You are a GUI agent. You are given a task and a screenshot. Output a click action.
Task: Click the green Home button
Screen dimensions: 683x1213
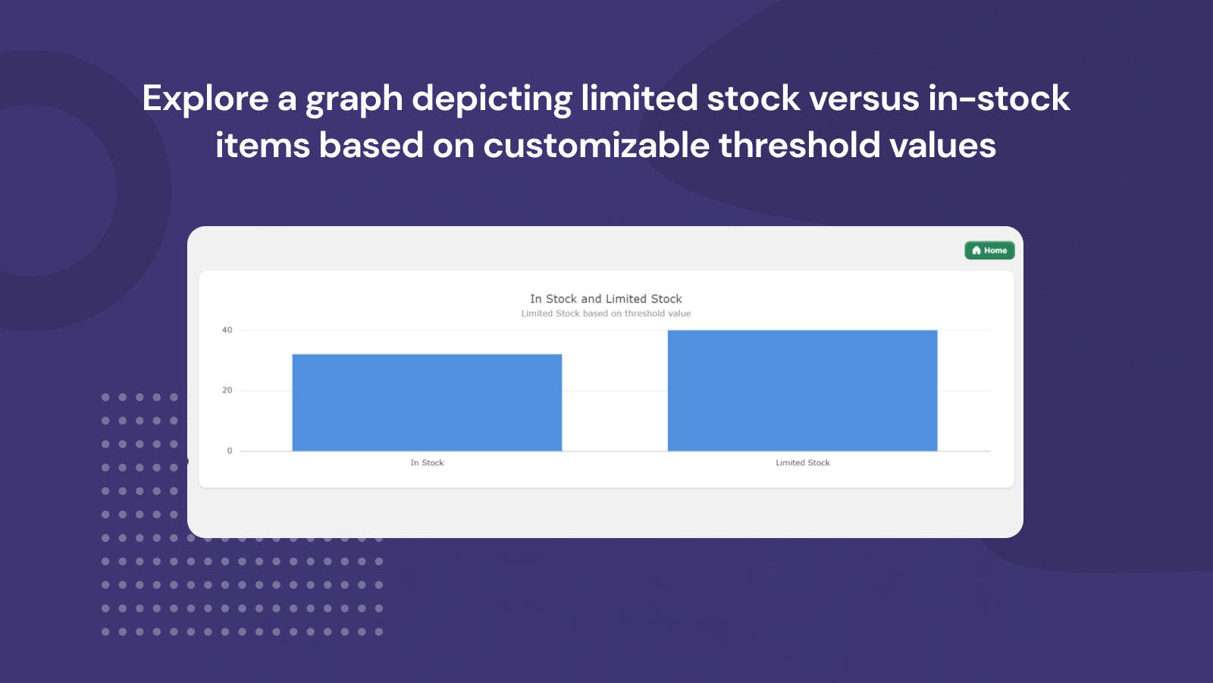click(989, 250)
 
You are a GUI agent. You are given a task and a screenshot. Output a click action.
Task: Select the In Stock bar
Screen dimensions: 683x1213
click(427, 402)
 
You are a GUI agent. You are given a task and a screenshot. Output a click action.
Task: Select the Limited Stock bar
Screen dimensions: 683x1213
click(802, 390)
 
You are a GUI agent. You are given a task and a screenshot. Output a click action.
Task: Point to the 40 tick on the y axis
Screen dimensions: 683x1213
click(227, 330)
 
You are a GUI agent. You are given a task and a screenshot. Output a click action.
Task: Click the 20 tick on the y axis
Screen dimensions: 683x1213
click(227, 390)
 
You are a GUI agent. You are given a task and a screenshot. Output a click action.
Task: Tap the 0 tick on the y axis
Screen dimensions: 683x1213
click(230, 451)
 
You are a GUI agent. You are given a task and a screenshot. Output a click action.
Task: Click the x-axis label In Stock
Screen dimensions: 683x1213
click(427, 463)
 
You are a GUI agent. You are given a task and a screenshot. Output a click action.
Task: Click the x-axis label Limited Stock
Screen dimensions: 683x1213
click(802, 463)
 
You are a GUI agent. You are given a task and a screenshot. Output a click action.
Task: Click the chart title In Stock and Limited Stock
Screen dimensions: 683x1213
click(606, 299)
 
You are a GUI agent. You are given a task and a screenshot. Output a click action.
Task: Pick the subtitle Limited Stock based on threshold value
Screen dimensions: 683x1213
click(606, 313)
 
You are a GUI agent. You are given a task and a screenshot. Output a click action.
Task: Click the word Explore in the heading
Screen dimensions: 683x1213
click(205, 99)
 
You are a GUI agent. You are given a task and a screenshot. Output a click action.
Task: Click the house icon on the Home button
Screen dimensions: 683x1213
click(976, 250)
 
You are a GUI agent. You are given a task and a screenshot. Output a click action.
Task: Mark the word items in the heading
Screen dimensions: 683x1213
click(262, 145)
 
